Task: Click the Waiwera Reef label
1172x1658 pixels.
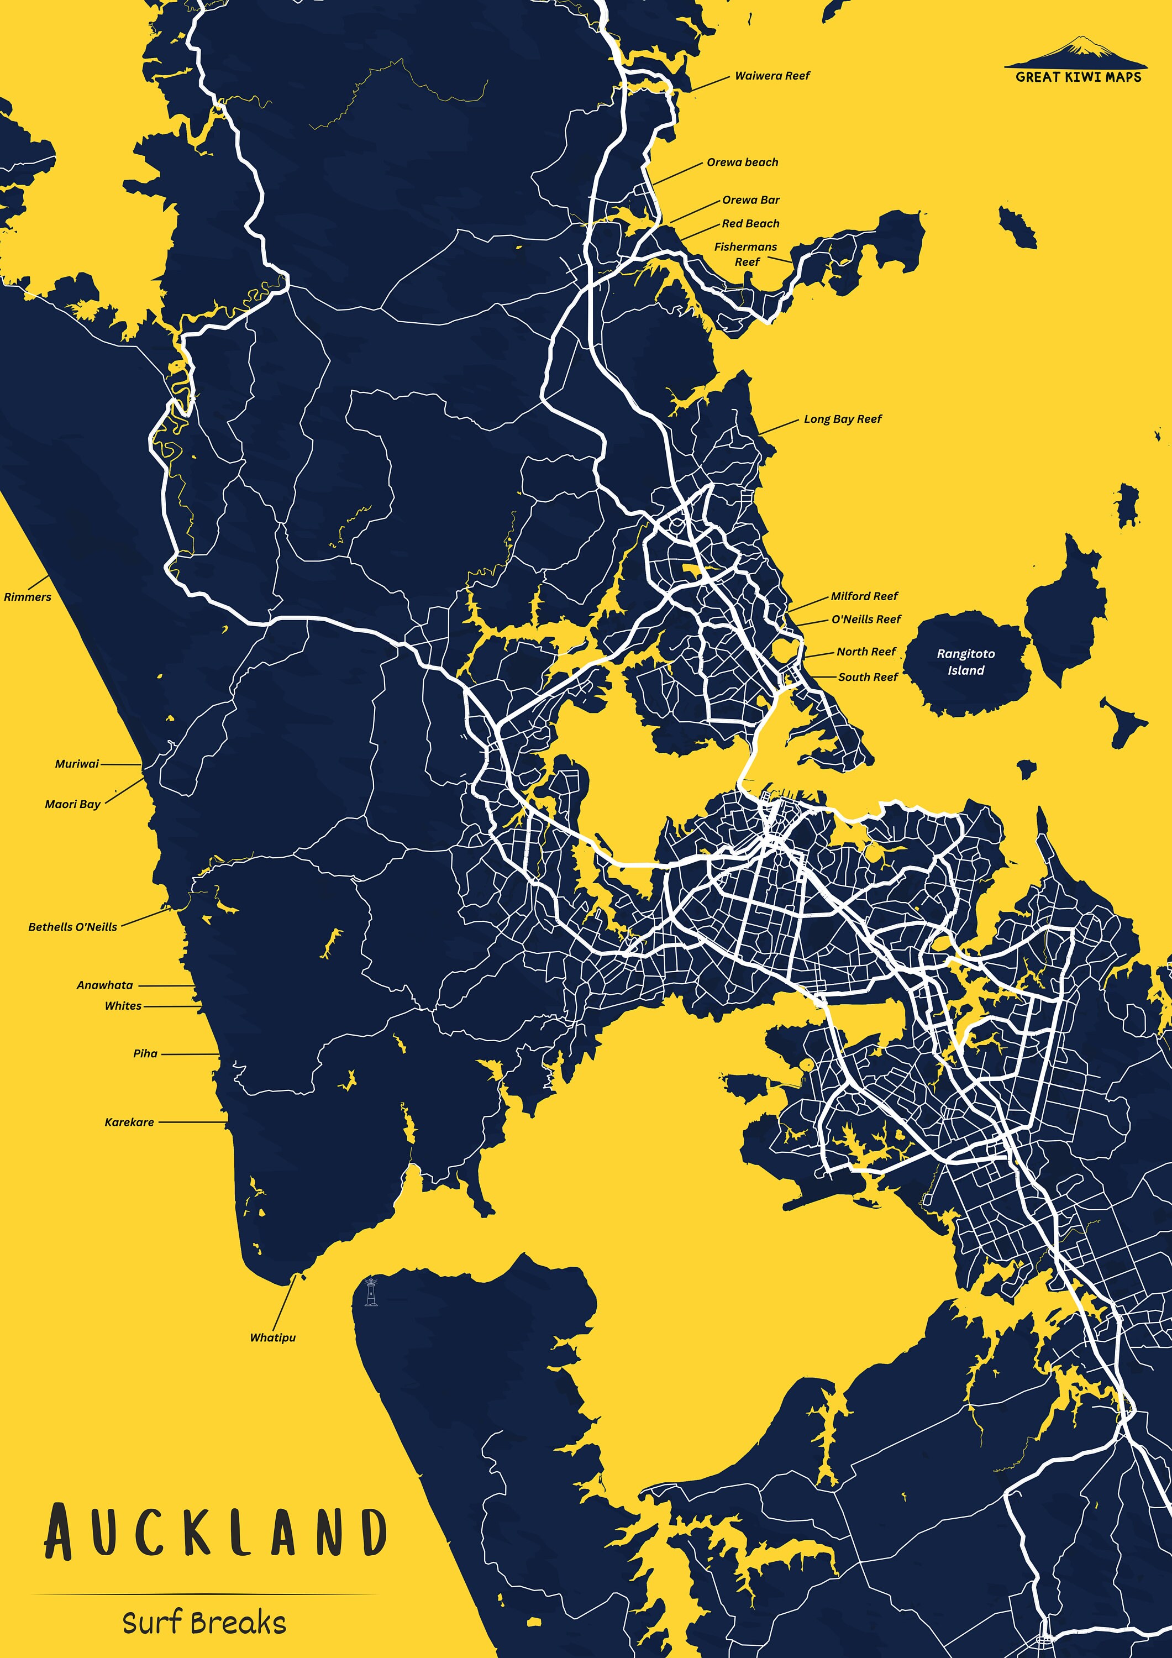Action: (772, 76)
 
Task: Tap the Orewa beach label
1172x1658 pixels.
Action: (742, 162)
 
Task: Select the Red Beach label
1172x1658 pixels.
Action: (750, 224)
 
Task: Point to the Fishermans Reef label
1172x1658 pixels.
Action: (745, 254)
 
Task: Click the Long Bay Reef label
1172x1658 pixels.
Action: (842, 419)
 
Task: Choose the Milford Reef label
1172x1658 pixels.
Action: (864, 596)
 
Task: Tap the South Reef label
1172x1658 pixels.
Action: (868, 678)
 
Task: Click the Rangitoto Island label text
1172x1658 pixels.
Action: (965, 662)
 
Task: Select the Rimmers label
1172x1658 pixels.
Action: (28, 597)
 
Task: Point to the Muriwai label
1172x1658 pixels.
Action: (77, 764)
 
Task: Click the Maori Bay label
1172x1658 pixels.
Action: (72, 805)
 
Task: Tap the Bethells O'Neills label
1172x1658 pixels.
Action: (72, 927)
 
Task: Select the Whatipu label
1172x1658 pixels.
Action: (272, 1337)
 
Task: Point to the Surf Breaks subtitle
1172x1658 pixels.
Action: (204, 1623)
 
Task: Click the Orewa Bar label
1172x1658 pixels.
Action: (750, 200)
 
